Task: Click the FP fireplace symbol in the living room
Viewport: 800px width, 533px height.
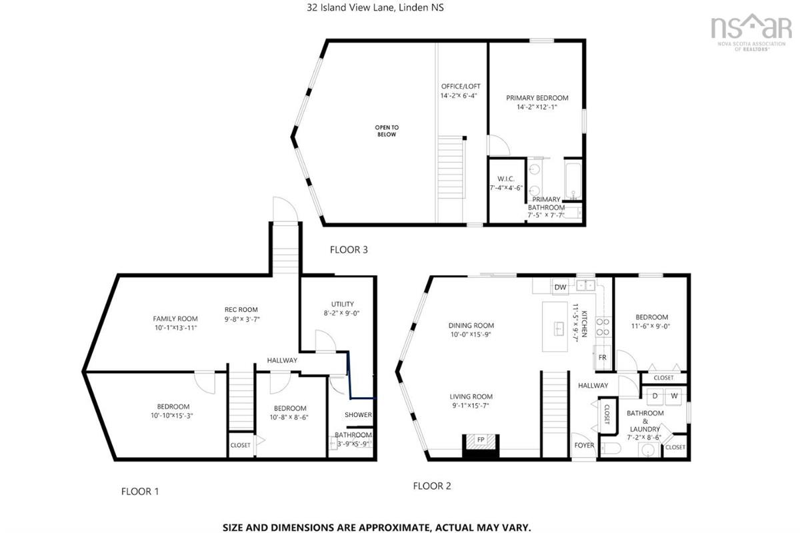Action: pyautogui.click(x=481, y=440)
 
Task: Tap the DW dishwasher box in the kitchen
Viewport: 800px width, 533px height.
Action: pyautogui.click(x=560, y=286)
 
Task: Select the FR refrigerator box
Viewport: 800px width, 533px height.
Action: pyautogui.click(x=602, y=357)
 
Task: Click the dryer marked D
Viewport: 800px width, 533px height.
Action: pyautogui.click(x=655, y=396)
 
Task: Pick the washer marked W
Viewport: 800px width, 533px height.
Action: pyautogui.click(x=674, y=396)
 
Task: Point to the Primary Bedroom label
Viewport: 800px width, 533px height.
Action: pyautogui.click(x=537, y=98)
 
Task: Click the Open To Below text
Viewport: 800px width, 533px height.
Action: pyautogui.click(x=387, y=131)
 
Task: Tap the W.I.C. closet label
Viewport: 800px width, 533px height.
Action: pyautogui.click(x=506, y=179)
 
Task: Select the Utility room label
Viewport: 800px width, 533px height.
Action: pyautogui.click(x=343, y=304)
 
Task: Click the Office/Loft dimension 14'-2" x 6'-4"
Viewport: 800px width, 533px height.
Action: pyautogui.click(x=459, y=96)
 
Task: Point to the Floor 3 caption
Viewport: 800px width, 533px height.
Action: pyautogui.click(x=349, y=250)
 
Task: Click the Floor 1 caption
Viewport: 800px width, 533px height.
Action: pyautogui.click(x=140, y=492)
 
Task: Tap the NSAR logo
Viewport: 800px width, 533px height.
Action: pyautogui.click(x=751, y=32)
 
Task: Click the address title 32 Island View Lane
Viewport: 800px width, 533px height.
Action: pyautogui.click(x=375, y=7)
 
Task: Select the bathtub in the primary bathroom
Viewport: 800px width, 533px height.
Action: pyautogui.click(x=573, y=181)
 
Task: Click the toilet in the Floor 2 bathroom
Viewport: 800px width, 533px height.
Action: pyautogui.click(x=611, y=448)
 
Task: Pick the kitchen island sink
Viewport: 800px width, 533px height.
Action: pyautogui.click(x=559, y=328)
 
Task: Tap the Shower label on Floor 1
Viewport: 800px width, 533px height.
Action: pyautogui.click(x=358, y=415)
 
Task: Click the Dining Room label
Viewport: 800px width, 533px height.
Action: pyautogui.click(x=471, y=325)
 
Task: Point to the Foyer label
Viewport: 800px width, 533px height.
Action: pyautogui.click(x=584, y=445)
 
